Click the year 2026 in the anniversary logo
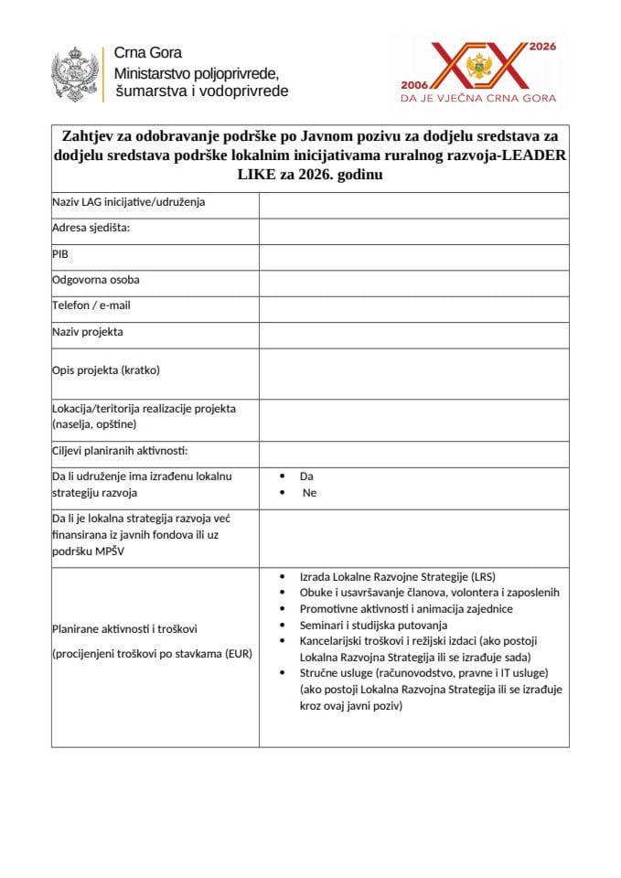[542, 45]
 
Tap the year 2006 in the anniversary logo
[416, 82]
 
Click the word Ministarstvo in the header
[150, 72]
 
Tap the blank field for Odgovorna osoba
[413, 280]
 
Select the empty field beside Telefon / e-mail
[413, 305]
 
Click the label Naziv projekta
[88, 331]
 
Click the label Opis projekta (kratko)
[106, 370]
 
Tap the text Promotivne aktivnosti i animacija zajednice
[406, 609]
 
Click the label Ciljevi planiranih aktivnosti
[119, 451]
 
